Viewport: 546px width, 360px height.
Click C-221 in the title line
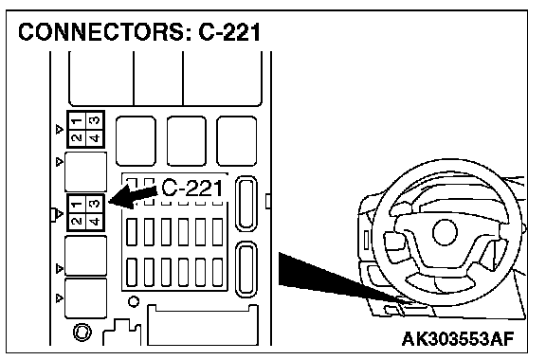coord(229,32)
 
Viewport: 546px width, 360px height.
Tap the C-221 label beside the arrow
coord(192,189)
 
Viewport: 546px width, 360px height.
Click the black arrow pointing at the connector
coord(134,197)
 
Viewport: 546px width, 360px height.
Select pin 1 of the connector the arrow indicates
coord(77,204)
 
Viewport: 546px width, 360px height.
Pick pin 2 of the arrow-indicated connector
coord(77,221)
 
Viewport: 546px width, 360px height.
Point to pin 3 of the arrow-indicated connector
coord(95,204)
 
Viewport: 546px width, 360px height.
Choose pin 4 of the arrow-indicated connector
coord(95,221)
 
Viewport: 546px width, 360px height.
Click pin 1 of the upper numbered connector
coord(77,121)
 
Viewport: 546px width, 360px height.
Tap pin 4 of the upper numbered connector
coord(95,138)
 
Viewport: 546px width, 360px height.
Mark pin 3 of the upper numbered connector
coord(95,121)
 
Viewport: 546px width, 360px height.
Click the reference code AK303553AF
coord(458,339)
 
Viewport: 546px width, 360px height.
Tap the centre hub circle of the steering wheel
coord(445,232)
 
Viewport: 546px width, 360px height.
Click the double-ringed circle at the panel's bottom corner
coord(82,333)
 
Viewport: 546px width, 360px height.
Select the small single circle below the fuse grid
coord(134,301)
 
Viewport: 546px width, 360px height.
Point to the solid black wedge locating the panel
coord(335,279)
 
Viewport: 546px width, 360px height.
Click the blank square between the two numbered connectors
coord(86,171)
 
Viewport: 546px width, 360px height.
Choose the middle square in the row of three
coord(187,141)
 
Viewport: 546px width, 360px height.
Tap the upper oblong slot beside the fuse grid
coord(246,204)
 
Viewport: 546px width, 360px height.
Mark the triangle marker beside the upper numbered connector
coord(60,130)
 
